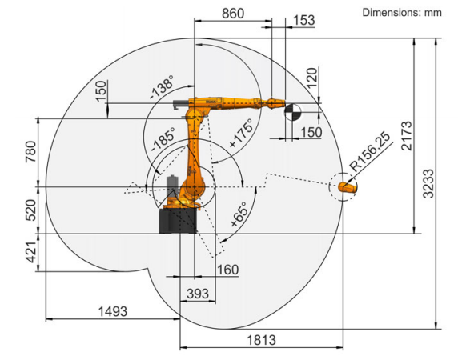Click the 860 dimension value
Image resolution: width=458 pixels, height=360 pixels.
[x=233, y=14]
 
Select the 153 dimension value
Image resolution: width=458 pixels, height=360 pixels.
[x=303, y=21]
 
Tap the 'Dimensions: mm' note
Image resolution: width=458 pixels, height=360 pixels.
[x=402, y=13]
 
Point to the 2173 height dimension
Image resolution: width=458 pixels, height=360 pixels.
[x=407, y=136]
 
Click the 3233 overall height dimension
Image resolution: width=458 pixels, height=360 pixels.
[x=429, y=183]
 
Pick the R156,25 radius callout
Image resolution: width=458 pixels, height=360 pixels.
[x=371, y=152]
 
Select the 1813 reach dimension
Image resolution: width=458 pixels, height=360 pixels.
[x=261, y=340]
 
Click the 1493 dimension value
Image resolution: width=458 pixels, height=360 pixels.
[x=113, y=311]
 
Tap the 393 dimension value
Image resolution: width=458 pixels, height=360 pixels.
[x=198, y=294]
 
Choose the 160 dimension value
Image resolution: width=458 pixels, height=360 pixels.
[x=228, y=270]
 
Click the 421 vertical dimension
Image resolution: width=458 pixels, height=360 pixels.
[x=31, y=252]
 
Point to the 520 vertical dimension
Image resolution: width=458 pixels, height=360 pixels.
[x=31, y=210]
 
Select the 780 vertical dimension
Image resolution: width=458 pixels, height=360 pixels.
[x=30, y=152]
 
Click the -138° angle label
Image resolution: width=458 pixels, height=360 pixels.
[x=162, y=86]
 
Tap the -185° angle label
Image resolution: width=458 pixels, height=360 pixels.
[x=163, y=139]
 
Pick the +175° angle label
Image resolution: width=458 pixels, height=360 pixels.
[x=241, y=133]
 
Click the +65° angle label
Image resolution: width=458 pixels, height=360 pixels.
[x=239, y=214]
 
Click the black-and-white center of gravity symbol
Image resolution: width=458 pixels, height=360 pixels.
[x=293, y=112]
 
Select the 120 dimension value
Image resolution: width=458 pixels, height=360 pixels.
[x=312, y=78]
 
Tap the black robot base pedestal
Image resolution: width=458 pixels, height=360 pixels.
[x=178, y=221]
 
